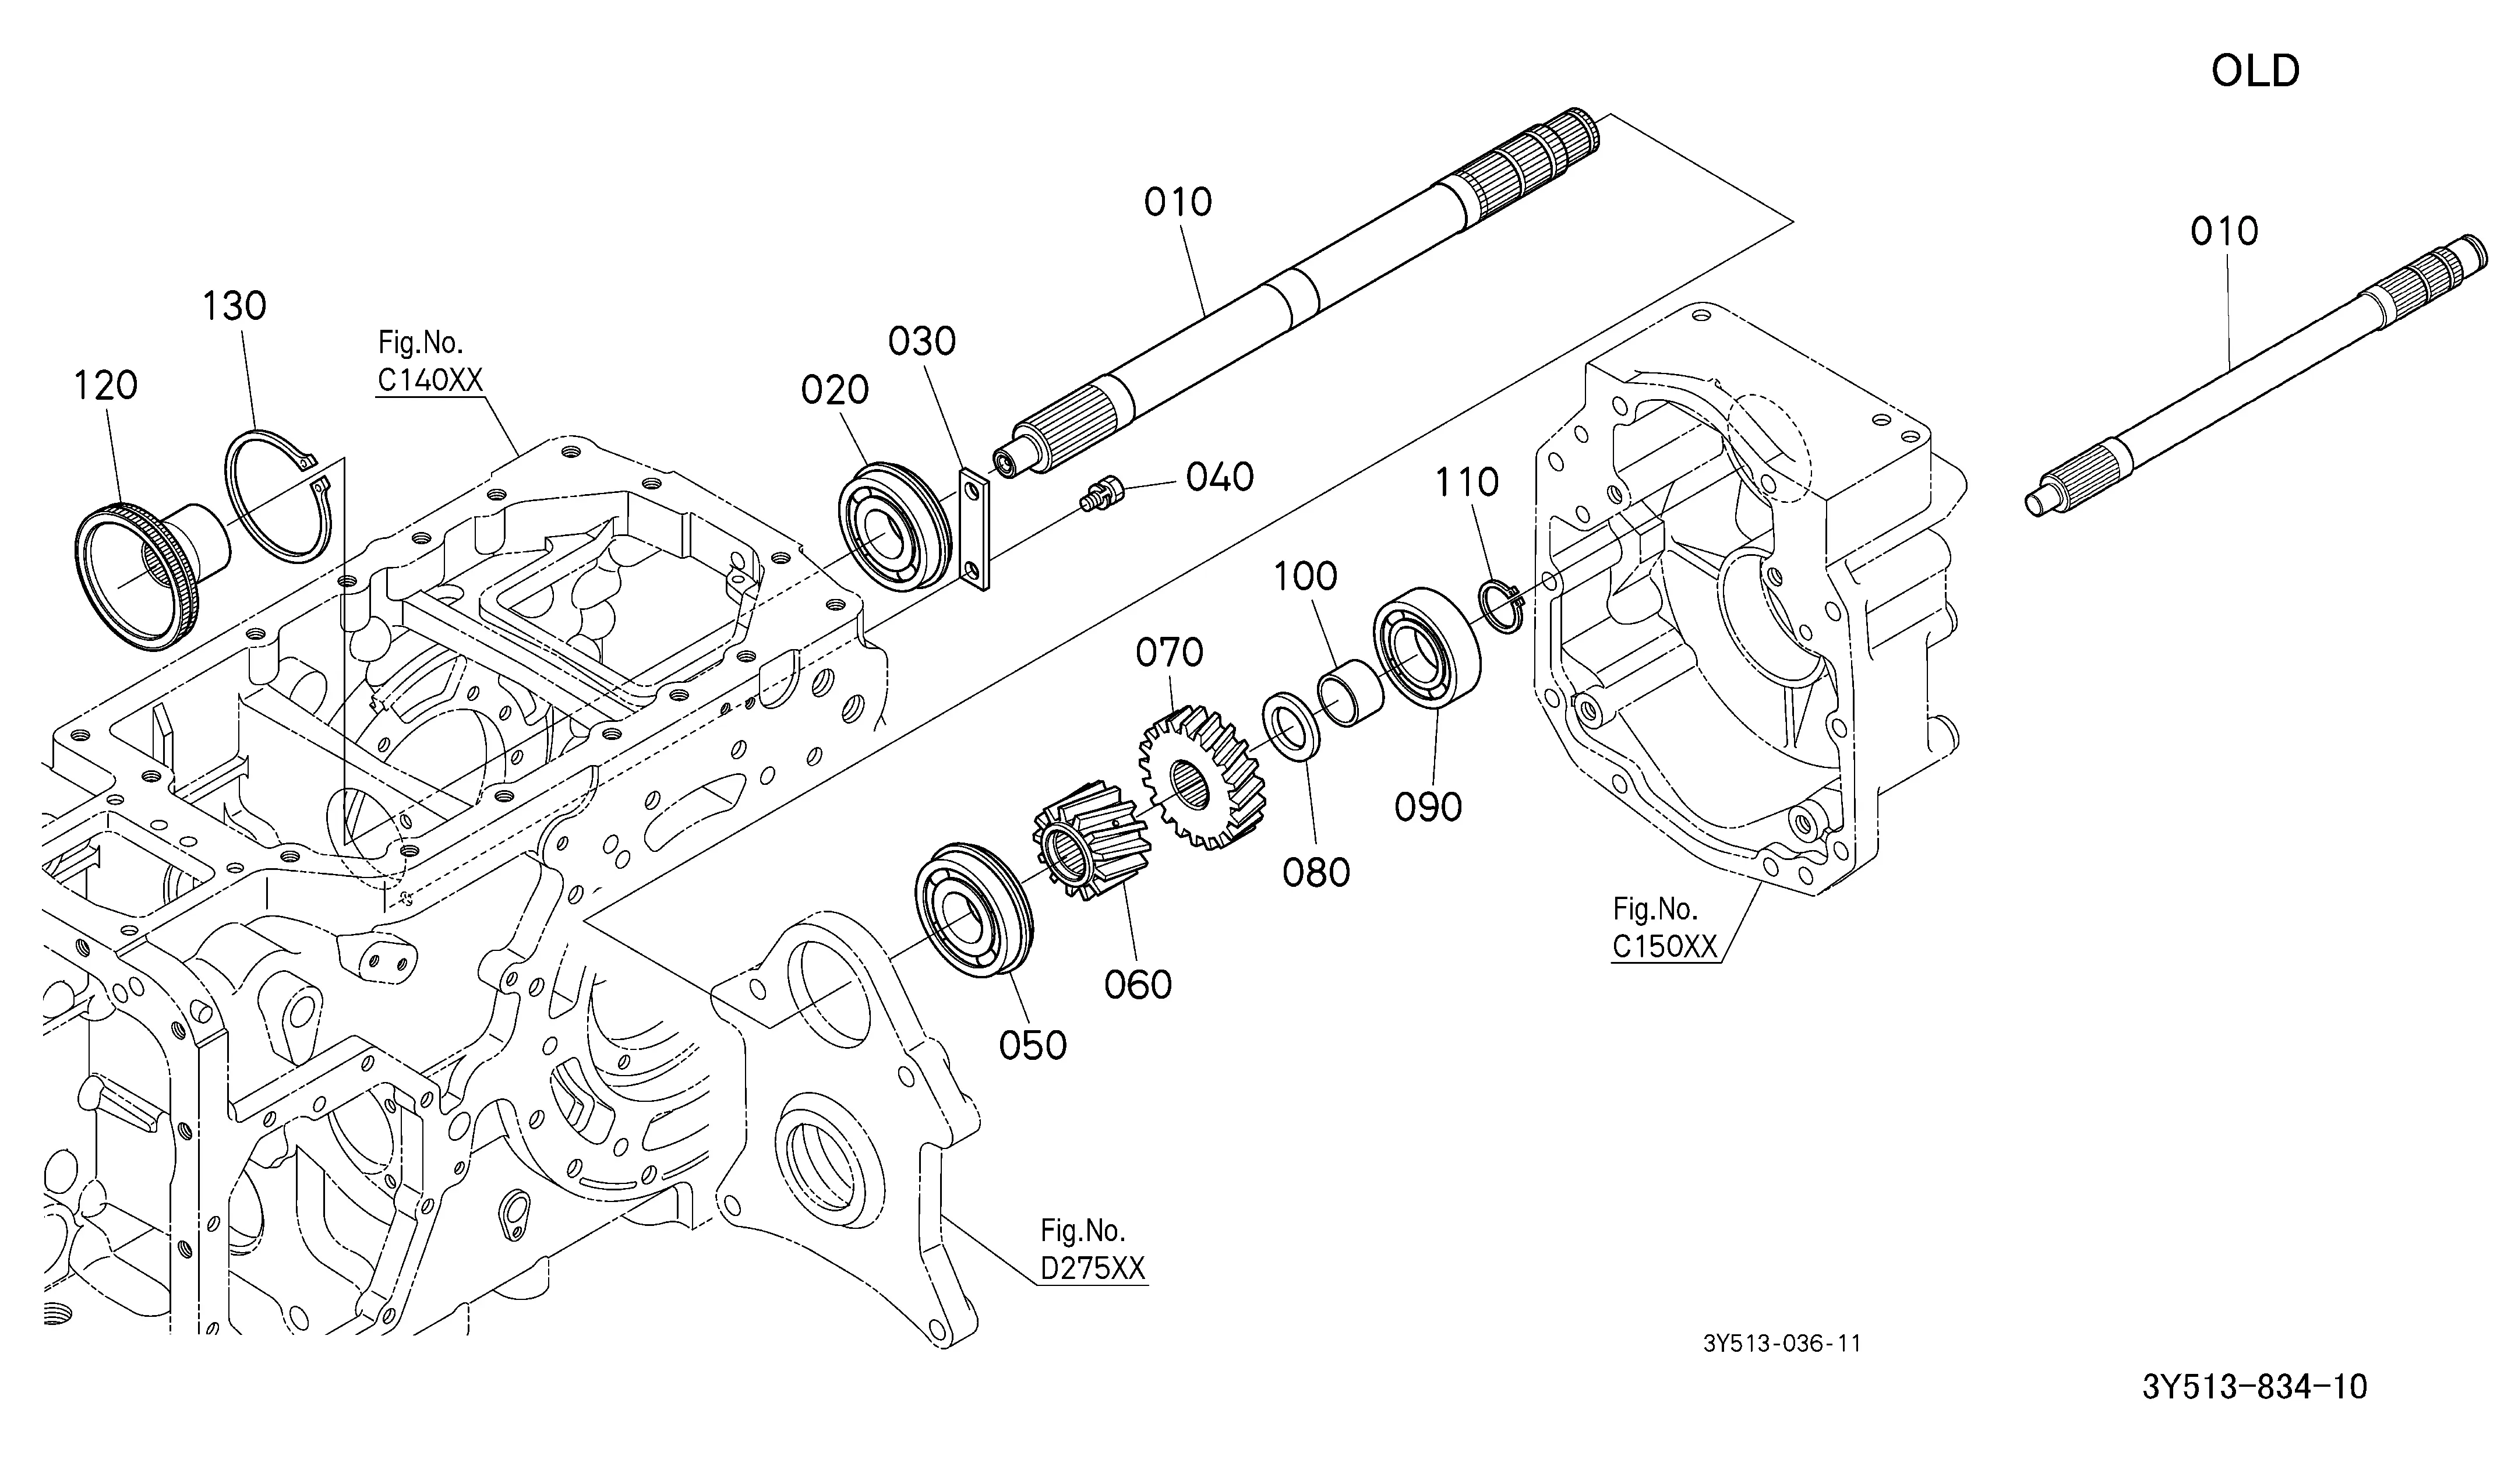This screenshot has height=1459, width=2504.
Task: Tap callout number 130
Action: [x=235, y=306]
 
